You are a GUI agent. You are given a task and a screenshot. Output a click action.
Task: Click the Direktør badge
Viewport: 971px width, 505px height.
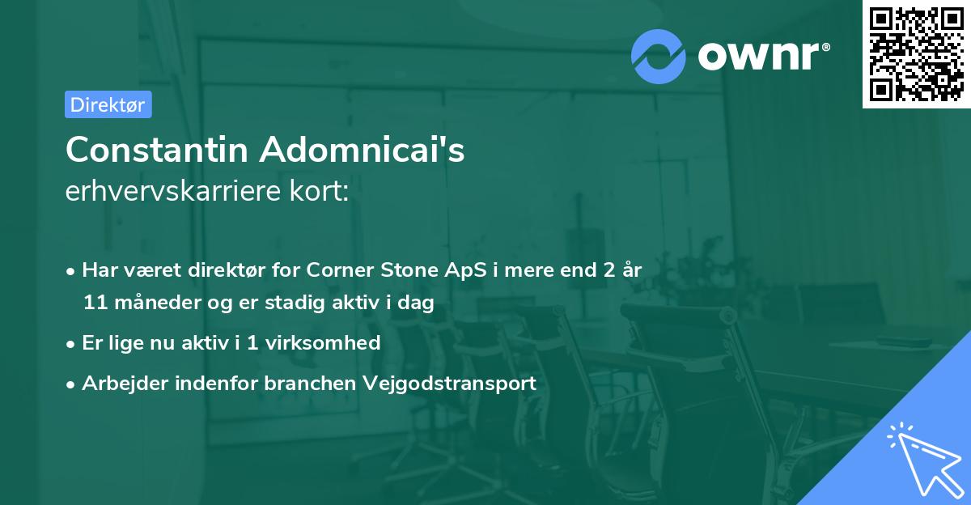[108, 104]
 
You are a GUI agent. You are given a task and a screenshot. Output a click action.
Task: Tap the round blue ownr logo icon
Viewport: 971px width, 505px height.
[659, 56]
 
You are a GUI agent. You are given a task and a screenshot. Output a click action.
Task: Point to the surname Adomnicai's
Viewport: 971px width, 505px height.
[363, 150]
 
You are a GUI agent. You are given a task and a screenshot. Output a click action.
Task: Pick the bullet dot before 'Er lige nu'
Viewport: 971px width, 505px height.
[72, 343]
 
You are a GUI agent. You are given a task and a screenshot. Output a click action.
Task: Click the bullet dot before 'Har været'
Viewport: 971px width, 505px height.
[72, 270]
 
